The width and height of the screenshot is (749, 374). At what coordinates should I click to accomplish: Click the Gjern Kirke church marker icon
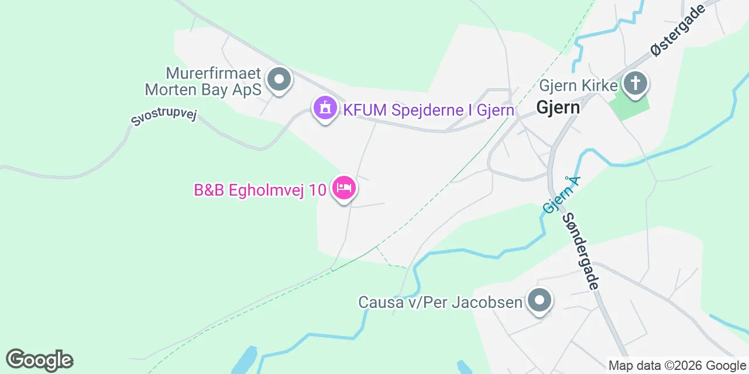tap(635, 84)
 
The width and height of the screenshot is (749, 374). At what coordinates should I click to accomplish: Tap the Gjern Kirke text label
tap(578, 86)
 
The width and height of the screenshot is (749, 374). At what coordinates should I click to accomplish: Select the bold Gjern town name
tap(558, 108)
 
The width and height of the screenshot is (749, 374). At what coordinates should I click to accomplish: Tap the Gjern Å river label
tap(560, 195)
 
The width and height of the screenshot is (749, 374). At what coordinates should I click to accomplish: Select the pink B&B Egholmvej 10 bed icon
tap(344, 188)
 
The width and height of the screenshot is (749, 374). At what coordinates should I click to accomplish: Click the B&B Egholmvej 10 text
tap(260, 191)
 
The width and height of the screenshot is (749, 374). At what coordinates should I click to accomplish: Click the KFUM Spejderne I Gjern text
tap(428, 110)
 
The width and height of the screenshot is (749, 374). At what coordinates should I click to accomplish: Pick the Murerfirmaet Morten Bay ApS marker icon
tap(279, 79)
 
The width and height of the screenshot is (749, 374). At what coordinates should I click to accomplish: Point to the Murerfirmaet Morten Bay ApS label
tap(202, 81)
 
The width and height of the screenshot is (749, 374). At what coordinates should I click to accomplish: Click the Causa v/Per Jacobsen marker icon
tap(540, 300)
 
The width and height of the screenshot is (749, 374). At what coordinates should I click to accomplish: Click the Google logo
tap(39, 360)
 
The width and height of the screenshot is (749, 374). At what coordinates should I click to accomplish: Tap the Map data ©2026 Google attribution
tap(677, 366)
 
